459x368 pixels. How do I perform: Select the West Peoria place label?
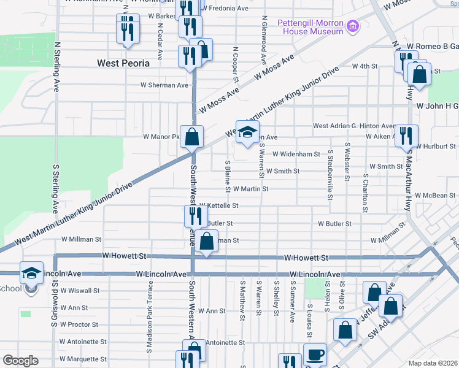tap(123, 63)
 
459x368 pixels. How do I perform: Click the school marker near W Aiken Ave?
tap(247, 132)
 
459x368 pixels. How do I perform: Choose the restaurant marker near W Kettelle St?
tap(196, 216)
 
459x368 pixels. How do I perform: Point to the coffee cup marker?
tap(315, 355)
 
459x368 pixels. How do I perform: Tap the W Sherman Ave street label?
tap(164, 85)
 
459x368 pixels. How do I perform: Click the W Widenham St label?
tap(296, 154)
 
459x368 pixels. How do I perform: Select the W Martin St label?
tap(250, 189)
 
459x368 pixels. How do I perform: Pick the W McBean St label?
tap(435, 196)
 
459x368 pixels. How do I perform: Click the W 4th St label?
tap(364, 66)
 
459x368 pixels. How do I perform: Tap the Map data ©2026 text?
tap(433, 363)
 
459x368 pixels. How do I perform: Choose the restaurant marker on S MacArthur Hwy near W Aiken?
tap(406, 136)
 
